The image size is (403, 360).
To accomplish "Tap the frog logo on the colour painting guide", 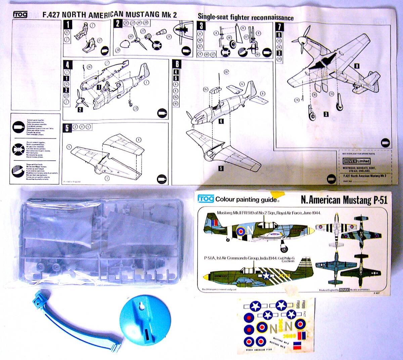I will (x=206, y=199).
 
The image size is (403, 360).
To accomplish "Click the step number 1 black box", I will (x=68, y=24).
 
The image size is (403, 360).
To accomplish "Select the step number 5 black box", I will (x=67, y=127).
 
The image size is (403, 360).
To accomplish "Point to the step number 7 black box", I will (x=279, y=26).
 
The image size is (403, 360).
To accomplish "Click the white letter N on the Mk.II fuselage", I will (x=251, y=230).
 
